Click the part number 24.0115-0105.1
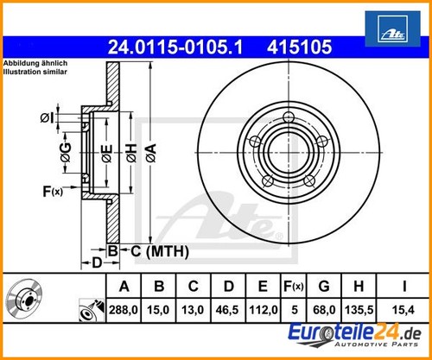[175, 47]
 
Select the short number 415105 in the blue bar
[300, 47]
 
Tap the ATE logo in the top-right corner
[393, 28]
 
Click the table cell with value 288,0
[124, 310]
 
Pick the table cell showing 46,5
[227, 310]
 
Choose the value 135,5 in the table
[359, 310]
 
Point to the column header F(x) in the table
[294, 287]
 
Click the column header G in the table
[324, 287]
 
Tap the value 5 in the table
[294, 310]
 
